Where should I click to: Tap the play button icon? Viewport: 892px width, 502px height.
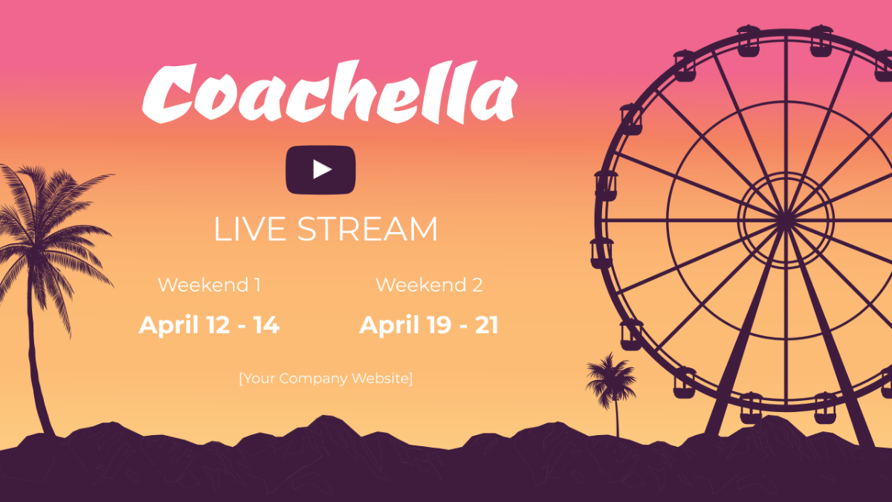click(x=321, y=170)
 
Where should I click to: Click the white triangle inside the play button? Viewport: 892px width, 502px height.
click(x=322, y=170)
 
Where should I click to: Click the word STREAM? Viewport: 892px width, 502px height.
click(x=367, y=229)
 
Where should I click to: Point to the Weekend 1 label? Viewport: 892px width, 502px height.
click(x=209, y=285)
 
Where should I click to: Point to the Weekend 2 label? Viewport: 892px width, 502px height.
click(x=429, y=285)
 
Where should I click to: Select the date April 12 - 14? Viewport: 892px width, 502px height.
click(x=209, y=325)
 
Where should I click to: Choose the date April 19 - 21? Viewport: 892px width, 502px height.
click(x=429, y=325)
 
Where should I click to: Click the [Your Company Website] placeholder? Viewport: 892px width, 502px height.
click(x=326, y=378)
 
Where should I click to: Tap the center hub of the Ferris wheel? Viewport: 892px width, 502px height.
click(x=786, y=219)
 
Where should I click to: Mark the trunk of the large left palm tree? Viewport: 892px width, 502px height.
click(x=35, y=357)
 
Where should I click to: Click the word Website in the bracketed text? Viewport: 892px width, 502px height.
click(x=382, y=378)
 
